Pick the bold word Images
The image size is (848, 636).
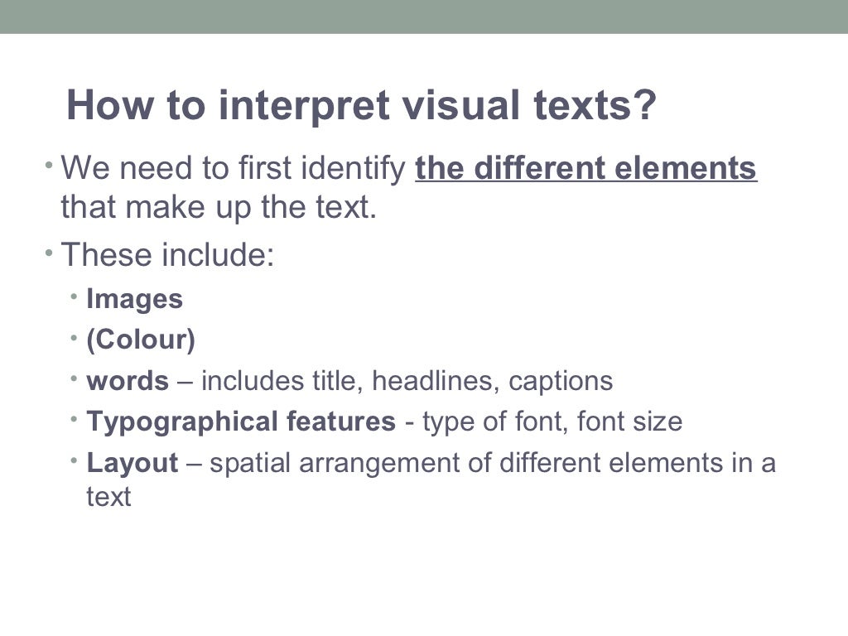click(x=134, y=299)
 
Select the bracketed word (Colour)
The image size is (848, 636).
click(x=141, y=340)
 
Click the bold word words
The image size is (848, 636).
click(x=128, y=381)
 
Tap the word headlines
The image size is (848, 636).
click(x=436, y=381)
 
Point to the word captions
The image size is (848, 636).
click(x=561, y=381)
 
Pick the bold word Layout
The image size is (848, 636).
click(x=132, y=462)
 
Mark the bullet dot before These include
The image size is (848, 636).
click(x=49, y=249)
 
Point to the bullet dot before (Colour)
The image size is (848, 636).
click(x=75, y=336)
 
